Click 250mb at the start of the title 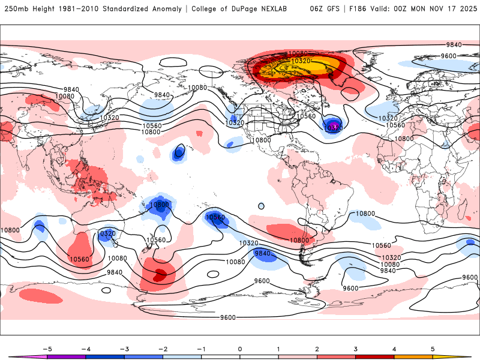click(16, 9)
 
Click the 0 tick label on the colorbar click(240, 349)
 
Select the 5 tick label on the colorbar click(433, 349)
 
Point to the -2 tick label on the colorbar click(163, 349)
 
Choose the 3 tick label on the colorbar click(356, 349)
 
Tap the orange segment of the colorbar click(413, 356)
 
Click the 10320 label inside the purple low click(332, 128)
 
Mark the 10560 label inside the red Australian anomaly click(79, 259)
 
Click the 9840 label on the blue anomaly click(263, 254)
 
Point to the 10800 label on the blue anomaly click(160, 205)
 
